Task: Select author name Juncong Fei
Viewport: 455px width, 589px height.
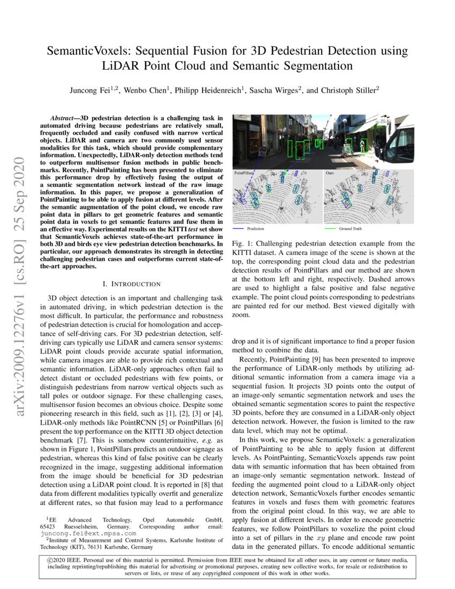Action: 90,90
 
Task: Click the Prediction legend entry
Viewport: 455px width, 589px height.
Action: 255,229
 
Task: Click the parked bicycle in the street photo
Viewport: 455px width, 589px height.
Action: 349,152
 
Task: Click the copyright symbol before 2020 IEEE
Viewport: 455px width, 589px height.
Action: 50,560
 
